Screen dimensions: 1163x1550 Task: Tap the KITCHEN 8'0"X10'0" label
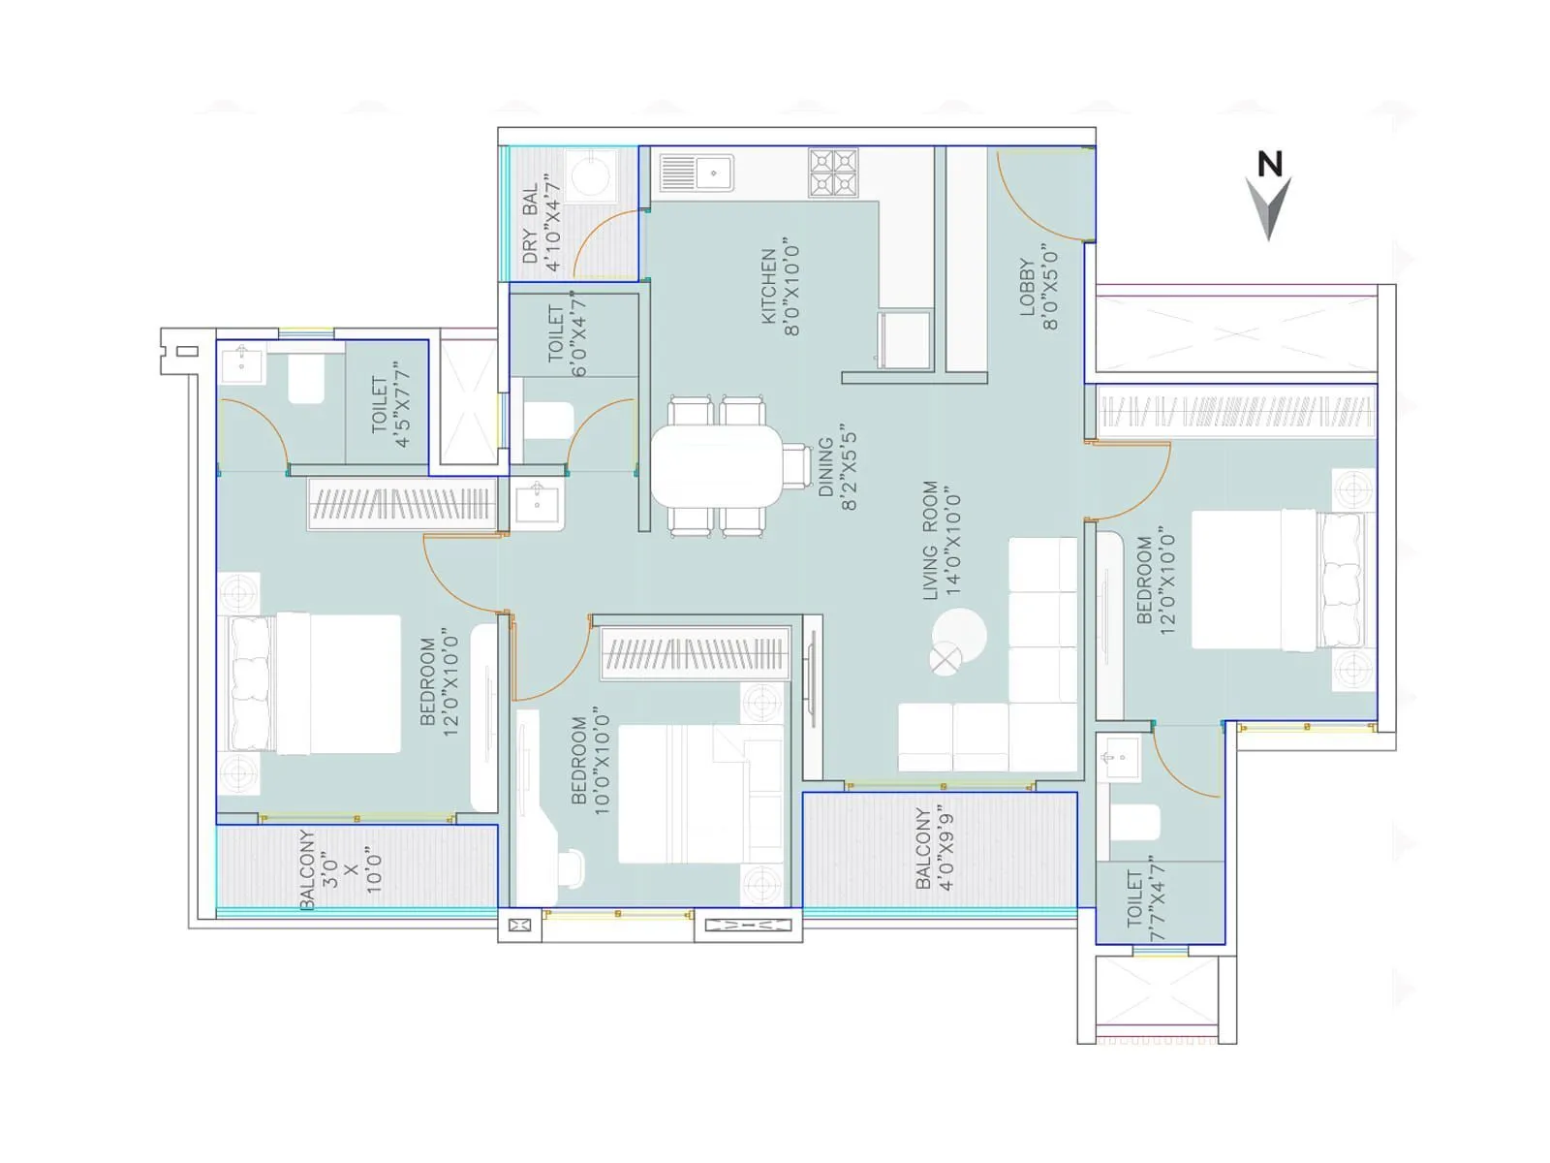pyautogui.click(x=780, y=286)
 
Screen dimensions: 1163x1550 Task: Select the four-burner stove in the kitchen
pyautogui.click(x=833, y=173)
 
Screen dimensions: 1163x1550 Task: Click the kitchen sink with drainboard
pyautogui.click(x=697, y=173)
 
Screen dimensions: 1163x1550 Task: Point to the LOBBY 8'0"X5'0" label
pyautogui.click(x=1038, y=286)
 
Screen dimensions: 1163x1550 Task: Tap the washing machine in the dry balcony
pyautogui.click(x=591, y=176)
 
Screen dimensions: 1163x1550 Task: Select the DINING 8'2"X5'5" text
pyautogui.click(x=837, y=467)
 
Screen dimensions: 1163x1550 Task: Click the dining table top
pyautogui.click(x=715, y=466)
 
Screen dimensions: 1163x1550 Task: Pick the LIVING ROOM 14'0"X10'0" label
pyautogui.click(x=942, y=541)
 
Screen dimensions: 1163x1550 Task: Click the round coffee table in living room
pyautogui.click(x=959, y=636)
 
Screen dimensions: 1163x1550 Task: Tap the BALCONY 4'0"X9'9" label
pyautogui.click(x=935, y=849)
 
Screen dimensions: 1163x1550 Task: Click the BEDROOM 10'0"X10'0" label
pyautogui.click(x=591, y=761)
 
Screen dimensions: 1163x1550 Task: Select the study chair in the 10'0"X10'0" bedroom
pyautogui.click(x=572, y=867)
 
